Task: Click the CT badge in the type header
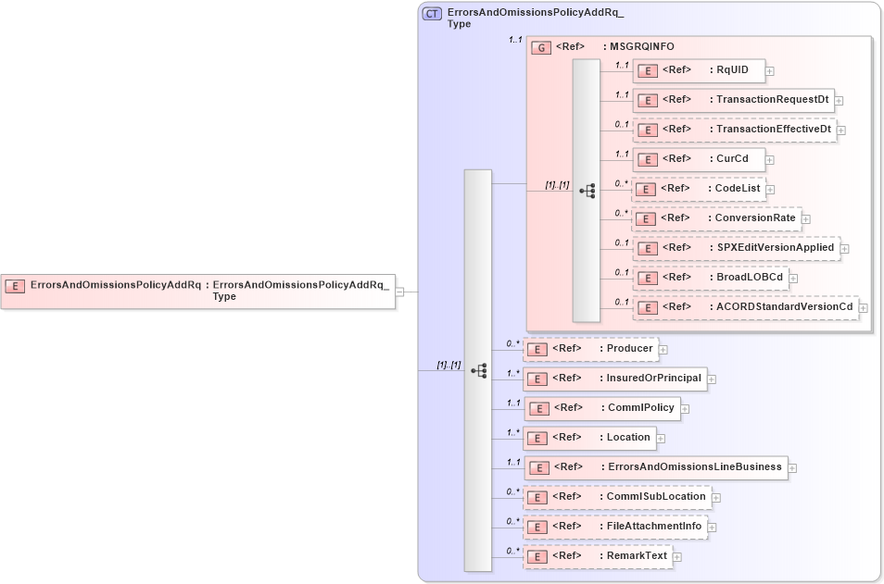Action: pos(433,14)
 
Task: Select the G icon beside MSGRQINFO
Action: pos(542,46)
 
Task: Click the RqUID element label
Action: pos(732,69)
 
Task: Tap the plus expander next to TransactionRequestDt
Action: pos(839,100)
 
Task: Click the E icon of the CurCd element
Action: pos(649,159)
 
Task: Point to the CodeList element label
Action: pos(737,188)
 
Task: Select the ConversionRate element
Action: pos(717,218)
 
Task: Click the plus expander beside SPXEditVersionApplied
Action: pos(844,248)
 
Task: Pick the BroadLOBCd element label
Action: pos(750,277)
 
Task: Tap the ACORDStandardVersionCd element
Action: pos(746,307)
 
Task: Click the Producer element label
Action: pos(630,348)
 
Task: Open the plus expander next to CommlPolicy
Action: pos(685,408)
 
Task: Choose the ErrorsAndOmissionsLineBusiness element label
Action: pos(694,466)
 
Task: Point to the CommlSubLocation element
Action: pos(617,497)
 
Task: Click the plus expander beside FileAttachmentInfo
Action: pos(713,527)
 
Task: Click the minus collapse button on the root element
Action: pos(399,292)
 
